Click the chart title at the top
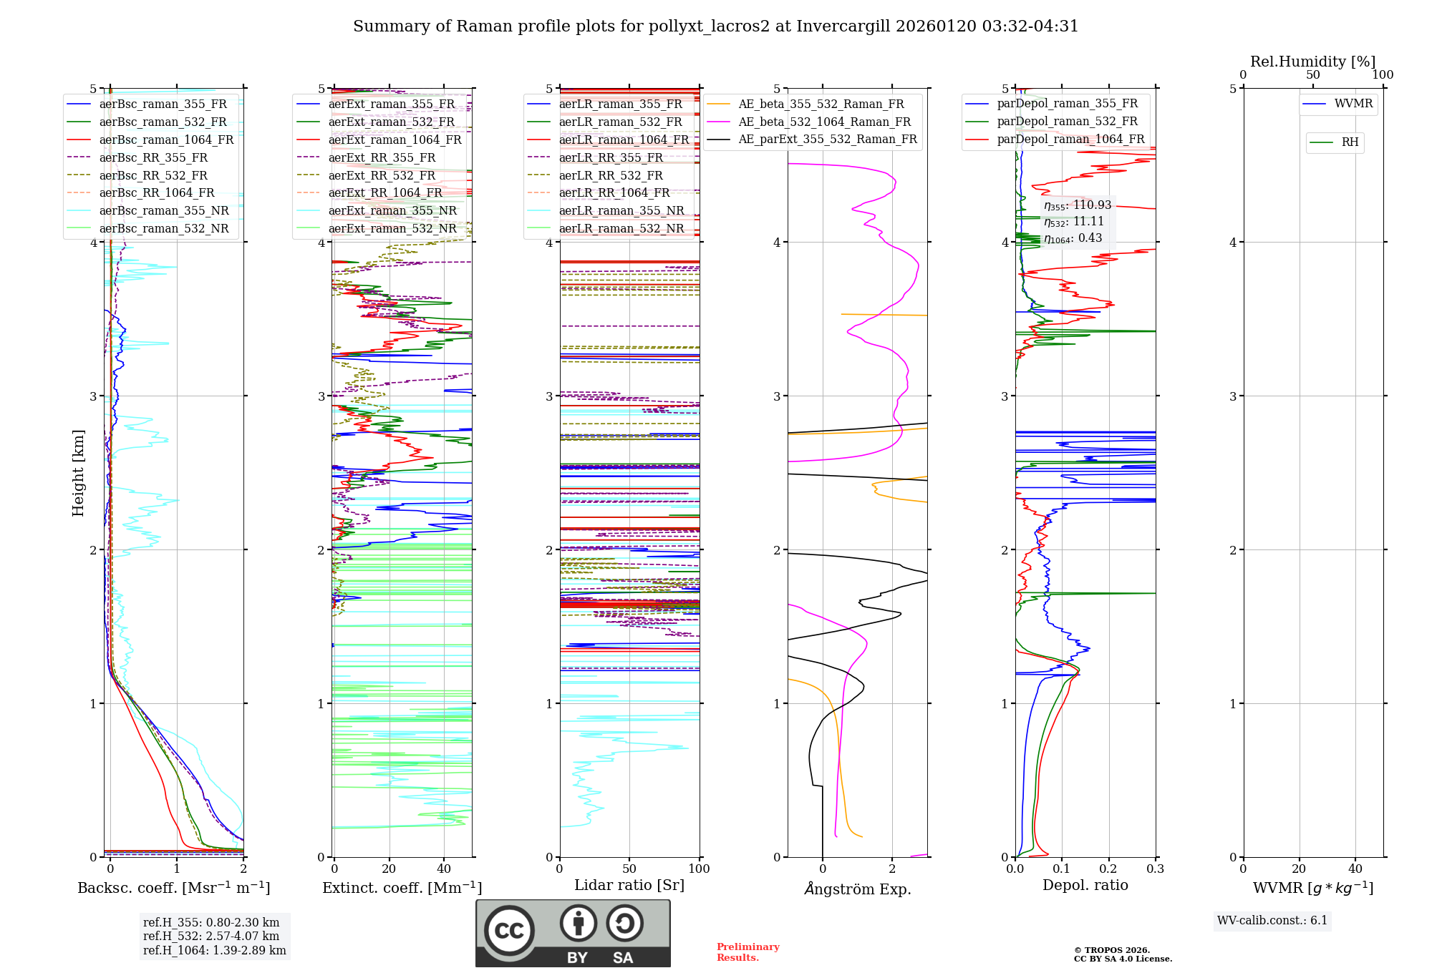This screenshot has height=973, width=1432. pyautogui.click(x=715, y=26)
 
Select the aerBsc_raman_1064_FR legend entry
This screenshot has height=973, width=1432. pyautogui.click(x=166, y=140)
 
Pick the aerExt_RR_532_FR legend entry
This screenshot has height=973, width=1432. pyautogui.click(x=382, y=175)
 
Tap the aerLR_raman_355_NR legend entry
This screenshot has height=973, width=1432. pyautogui.click(x=621, y=210)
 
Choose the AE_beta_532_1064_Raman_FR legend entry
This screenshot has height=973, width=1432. pyautogui.click(x=824, y=122)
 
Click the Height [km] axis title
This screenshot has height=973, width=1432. pyautogui.click(x=78, y=473)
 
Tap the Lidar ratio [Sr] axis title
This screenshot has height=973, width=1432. pyautogui.click(x=629, y=885)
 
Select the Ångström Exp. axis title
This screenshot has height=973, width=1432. pyautogui.click(x=857, y=889)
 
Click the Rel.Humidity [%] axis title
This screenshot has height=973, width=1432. pyautogui.click(x=1312, y=62)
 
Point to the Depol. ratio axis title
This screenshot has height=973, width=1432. pyautogui.click(x=1085, y=885)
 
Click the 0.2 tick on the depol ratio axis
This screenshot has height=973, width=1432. pyautogui.click(x=1108, y=869)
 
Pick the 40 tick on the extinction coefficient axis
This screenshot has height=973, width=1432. pyautogui.click(x=444, y=869)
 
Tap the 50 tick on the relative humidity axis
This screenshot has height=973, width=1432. pyautogui.click(x=1312, y=75)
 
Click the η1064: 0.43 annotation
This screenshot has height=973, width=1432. pyautogui.click(x=1073, y=238)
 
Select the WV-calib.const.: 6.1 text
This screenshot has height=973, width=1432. pyautogui.click(x=1272, y=920)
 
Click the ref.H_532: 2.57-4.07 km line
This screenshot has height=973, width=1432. pyautogui.click(x=211, y=936)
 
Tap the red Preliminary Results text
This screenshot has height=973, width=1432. pyautogui.click(x=748, y=952)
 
